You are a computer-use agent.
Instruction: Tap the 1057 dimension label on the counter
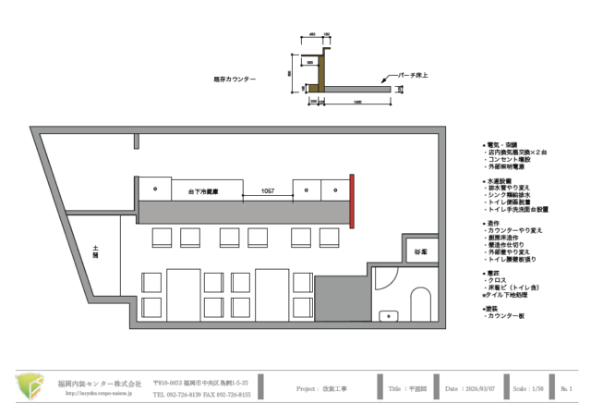(x=268, y=190)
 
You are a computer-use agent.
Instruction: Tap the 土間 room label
(x=94, y=251)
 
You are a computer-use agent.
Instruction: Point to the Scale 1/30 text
(x=527, y=388)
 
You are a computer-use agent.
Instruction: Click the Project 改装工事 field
(x=321, y=388)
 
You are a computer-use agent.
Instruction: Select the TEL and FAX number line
(x=201, y=394)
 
